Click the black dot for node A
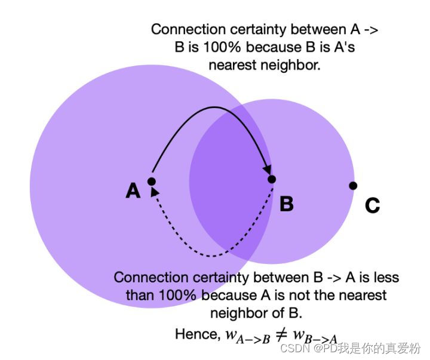(151, 181)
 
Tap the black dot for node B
(272, 179)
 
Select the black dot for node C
(353, 186)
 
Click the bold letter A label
(133, 191)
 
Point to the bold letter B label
(287, 204)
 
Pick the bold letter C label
(372, 206)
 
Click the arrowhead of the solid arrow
(268, 170)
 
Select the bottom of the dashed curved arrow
(212, 256)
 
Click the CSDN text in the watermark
(294, 348)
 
